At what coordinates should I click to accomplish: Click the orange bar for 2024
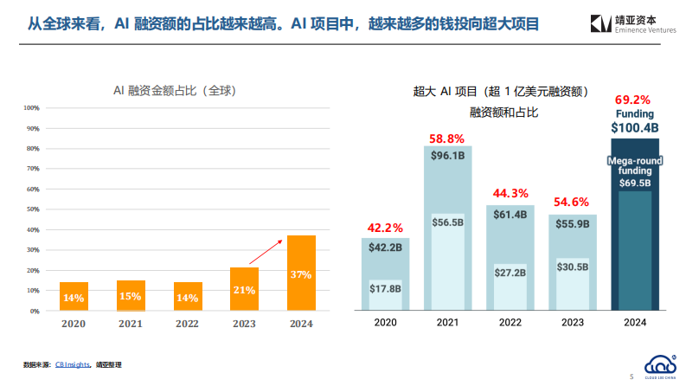(x=301, y=273)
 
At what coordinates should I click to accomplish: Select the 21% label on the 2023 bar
(x=244, y=290)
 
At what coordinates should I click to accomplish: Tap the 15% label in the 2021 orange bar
(x=131, y=297)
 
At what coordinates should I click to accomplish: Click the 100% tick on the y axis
(x=32, y=108)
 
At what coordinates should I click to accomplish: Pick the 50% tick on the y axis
(x=34, y=209)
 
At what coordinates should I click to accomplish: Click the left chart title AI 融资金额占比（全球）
(x=176, y=90)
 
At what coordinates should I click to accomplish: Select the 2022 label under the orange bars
(x=188, y=324)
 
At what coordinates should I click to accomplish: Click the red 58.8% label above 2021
(x=447, y=138)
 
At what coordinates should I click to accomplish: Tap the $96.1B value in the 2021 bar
(x=447, y=156)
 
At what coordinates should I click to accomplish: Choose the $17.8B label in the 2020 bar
(x=385, y=288)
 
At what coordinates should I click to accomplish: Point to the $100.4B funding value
(x=634, y=127)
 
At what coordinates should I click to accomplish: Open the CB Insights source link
(x=73, y=365)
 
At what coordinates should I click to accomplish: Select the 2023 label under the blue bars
(x=572, y=323)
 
